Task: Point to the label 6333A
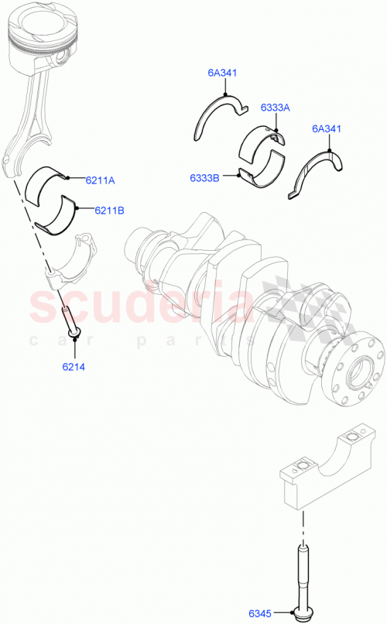[x=274, y=108]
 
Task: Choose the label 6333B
[x=205, y=177]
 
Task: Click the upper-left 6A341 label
[x=221, y=74]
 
